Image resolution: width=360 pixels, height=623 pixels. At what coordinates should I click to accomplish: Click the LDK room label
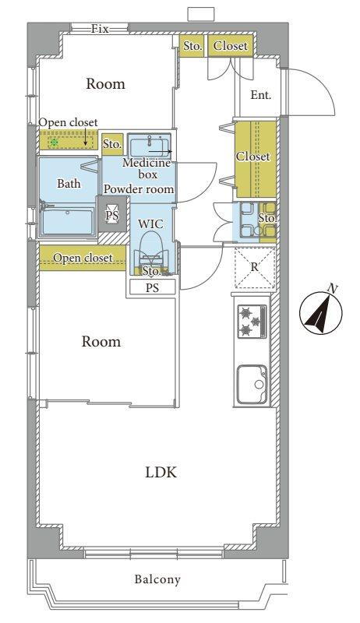click(x=161, y=473)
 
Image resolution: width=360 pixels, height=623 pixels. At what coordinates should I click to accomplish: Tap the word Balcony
click(x=157, y=579)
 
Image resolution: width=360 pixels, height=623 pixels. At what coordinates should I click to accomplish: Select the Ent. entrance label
click(x=261, y=95)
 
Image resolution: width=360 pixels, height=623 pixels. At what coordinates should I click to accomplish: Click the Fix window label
click(x=100, y=29)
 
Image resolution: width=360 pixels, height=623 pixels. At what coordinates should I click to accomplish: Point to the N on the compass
click(x=334, y=289)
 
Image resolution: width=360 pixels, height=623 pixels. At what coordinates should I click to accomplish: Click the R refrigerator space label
click(x=254, y=267)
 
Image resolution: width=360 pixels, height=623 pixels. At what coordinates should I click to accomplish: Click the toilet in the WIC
click(x=152, y=248)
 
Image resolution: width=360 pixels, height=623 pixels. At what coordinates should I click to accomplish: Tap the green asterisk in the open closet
click(x=54, y=143)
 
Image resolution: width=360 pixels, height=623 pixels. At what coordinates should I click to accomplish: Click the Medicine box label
click(x=147, y=168)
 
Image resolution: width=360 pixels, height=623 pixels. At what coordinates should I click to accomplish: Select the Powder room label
click(x=139, y=189)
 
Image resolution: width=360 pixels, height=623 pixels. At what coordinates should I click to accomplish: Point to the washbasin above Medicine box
click(x=150, y=146)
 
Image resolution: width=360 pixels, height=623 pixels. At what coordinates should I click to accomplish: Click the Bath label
click(x=69, y=184)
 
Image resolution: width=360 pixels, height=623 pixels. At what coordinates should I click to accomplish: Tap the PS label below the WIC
click(x=152, y=287)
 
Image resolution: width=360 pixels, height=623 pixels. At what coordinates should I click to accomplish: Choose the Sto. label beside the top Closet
click(x=192, y=46)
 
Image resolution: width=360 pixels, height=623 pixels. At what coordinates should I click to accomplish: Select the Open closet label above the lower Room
click(x=83, y=259)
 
